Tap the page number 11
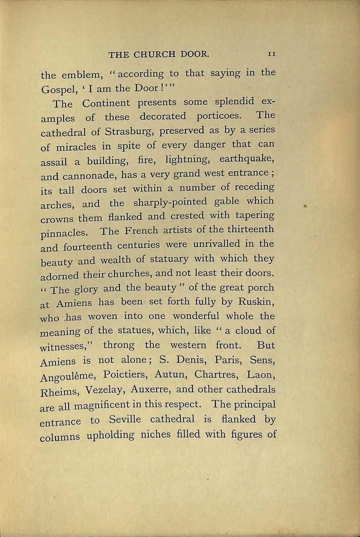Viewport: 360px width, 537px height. pyautogui.click(x=271, y=54)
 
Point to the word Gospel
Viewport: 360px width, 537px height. pyautogui.click(x=57, y=90)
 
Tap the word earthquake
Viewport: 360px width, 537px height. pyautogui.click(x=247, y=159)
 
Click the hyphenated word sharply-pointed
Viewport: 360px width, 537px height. pyautogui.click(x=170, y=202)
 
